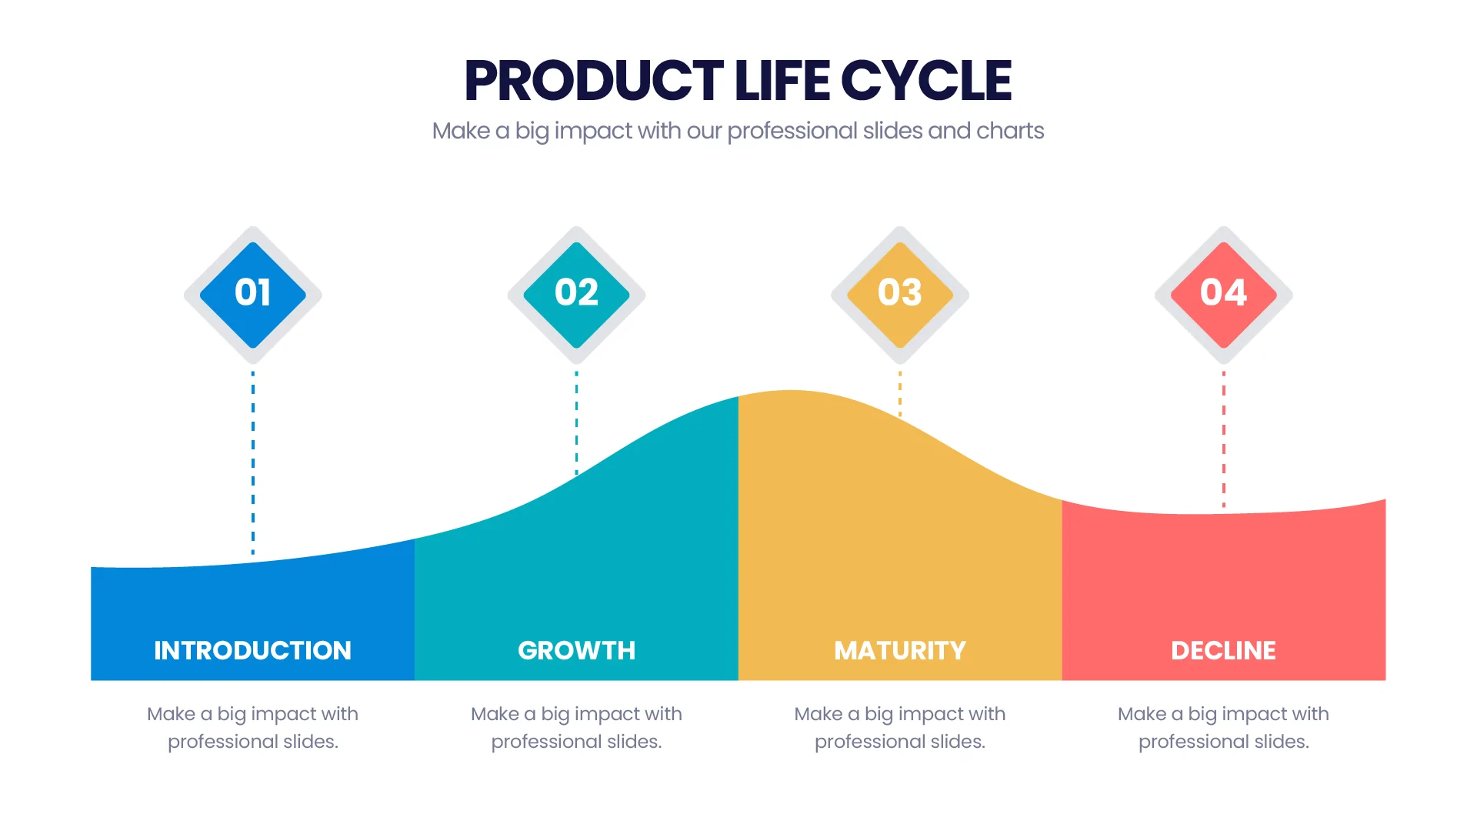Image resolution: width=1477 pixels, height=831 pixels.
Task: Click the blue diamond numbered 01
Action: [x=253, y=294]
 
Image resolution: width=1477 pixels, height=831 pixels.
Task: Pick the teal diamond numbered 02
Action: [x=576, y=294]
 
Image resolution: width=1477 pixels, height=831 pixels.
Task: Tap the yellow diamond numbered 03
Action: [x=900, y=294]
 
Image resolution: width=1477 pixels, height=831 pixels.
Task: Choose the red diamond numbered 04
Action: [x=1223, y=294]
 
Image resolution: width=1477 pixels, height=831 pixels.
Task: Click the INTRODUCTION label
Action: [x=252, y=651]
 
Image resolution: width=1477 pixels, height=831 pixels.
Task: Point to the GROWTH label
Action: [x=576, y=651]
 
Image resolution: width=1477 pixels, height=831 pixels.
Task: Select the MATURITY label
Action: [x=900, y=651]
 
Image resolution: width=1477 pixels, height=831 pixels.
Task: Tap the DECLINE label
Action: [x=1223, y=651]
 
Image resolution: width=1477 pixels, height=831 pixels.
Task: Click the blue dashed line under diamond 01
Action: [x=253, y=462]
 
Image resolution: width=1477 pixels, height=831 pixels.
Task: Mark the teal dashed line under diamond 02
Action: [x=576, y=423]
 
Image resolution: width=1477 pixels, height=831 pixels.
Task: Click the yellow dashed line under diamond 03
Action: [x=900, y=394]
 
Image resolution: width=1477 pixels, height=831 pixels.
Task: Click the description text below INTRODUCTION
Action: [x=252, y=727]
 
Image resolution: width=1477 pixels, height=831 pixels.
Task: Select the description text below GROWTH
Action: [x=576, y=727]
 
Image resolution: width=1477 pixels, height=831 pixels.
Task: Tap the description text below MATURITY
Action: [x=900, y=727]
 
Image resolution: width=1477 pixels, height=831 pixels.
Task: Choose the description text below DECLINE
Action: [x=1223, y=727]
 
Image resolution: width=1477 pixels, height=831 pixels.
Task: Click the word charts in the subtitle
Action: [x=1010, y=131]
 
